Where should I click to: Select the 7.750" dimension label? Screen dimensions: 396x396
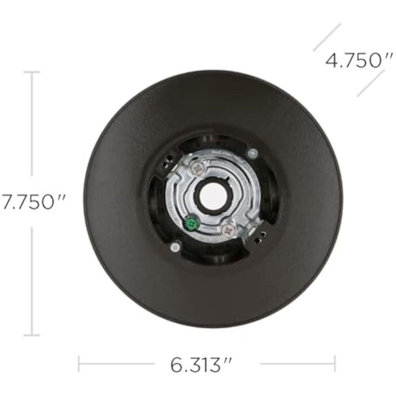tap(33, 202)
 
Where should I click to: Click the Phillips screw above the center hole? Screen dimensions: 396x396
tap(197, 167)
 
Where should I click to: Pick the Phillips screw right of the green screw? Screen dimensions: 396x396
tap(229, 230)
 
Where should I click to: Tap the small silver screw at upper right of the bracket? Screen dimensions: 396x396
tap(253, 153)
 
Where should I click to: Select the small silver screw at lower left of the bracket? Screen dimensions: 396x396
tap(175, 247)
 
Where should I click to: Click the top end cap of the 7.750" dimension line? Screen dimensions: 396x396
tap(32, 72)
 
